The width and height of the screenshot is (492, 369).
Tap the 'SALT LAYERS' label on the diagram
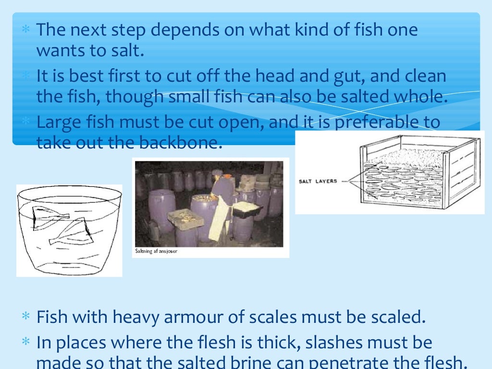coord(318,181)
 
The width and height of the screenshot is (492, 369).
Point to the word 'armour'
coord(225,317)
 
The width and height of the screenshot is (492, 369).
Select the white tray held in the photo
coord(248,207)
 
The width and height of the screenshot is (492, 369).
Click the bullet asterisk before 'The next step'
coord(26,30)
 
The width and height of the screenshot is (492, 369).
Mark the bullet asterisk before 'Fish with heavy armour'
coord(26,317)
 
